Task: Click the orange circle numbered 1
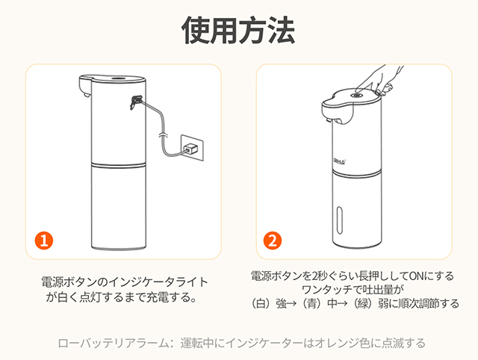[x=44, y=240]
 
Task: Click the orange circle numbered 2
[x=273, y=240]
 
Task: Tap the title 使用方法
[x=238, y=30]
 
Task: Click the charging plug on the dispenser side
[x=136, y=102]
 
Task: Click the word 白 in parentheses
[x=261, y=304]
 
